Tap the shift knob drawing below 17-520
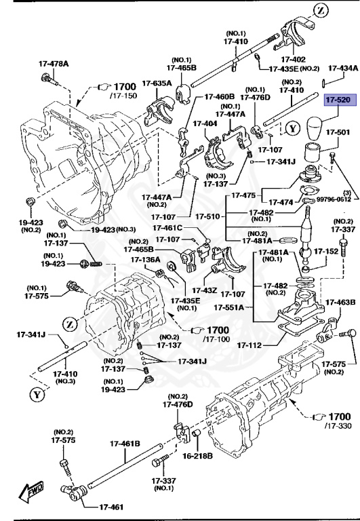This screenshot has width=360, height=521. pos(313,129)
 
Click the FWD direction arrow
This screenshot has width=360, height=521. pos(31,490)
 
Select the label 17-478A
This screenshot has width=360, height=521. pos(54,64)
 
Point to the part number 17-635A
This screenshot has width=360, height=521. pos(157,83)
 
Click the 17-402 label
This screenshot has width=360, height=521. pos(294,60)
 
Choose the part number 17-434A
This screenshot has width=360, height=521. pos(343,68)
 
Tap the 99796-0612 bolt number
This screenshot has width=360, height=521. pos(334,199)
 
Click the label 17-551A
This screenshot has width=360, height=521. pos(229,307)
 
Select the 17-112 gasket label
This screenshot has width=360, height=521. pos(249,345)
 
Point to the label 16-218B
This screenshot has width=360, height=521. pos(197,456)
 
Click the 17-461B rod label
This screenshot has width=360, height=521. pos(125,444)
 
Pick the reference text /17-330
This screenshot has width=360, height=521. pos(338,425)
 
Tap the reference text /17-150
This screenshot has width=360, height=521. pos(123,96)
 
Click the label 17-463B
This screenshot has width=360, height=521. pos(340,303)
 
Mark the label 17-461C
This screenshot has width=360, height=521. pos(167,228)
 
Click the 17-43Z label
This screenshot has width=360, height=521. pos(205,291)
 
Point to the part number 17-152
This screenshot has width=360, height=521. pos(327,252)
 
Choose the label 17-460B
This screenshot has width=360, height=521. pos(220,97)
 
